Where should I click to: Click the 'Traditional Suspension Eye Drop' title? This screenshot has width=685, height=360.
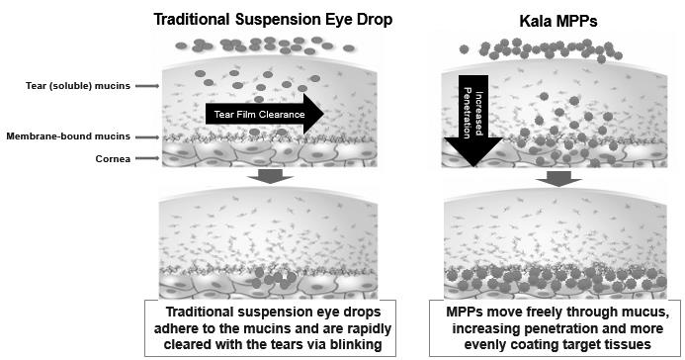[x=273, y=19]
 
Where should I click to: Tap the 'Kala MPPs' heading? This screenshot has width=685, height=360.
[x=558, y=21]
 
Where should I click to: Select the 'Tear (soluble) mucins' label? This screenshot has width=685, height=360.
[x=78, y=86]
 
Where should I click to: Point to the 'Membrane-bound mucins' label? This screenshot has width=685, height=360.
[x=68, y=136]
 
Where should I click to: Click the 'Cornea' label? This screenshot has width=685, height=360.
[x=113, y=158]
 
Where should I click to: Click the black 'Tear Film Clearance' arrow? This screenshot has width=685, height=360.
[x=264, y=114]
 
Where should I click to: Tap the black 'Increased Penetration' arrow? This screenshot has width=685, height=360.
[x=473, y=121]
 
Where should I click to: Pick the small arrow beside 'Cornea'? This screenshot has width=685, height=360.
[x=147, y=158]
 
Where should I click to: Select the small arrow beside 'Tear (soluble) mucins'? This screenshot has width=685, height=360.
[x=147, y=86]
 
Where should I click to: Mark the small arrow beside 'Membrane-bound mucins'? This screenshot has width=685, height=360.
[x=147, y=137]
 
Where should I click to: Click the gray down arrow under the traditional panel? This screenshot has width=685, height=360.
[x=270, y=176]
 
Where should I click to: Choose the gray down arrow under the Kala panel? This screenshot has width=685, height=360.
[x=558, y=179]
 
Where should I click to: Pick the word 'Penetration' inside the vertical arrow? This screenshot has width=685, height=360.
[x=468, y=113]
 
